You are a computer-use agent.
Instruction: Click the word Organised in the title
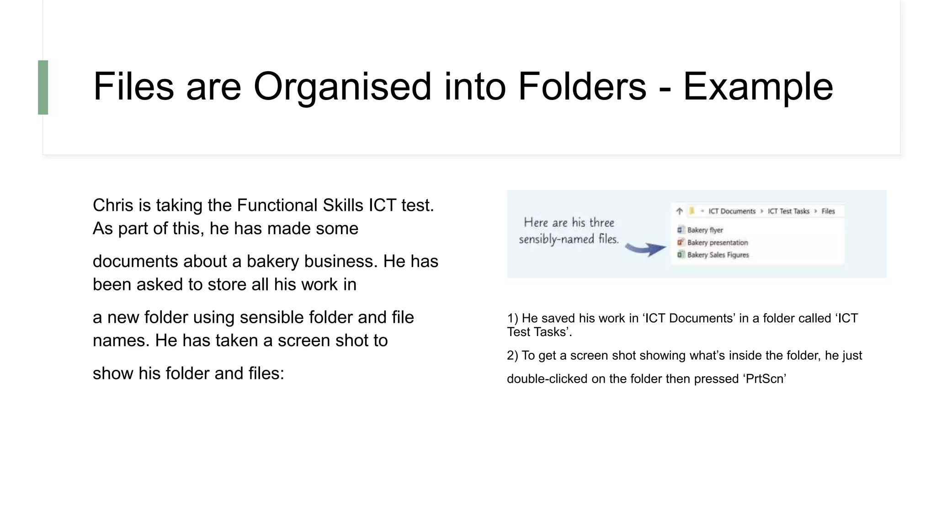[x=342, y=87]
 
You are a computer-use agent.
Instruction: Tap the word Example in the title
[x=758, y=87]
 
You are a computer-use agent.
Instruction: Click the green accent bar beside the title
[x=43, y=87]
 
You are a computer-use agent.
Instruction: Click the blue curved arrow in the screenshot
[x=645, y=249]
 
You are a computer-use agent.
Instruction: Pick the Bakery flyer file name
[x=705, y=230]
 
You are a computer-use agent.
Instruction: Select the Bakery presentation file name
[x=717, y=242]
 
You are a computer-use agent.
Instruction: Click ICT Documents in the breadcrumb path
[x=732, y=211]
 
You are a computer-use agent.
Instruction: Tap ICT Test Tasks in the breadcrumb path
[x=788, y=211]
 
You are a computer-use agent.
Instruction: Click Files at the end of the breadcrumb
[x=828, y=211]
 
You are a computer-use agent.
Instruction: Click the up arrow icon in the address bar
[x=680, y=211]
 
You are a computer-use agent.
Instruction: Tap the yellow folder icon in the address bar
[x=692, y=211]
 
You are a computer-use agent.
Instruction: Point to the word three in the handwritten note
[x=601, y=223]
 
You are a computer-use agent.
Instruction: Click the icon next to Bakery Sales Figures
[x=681, y=255]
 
